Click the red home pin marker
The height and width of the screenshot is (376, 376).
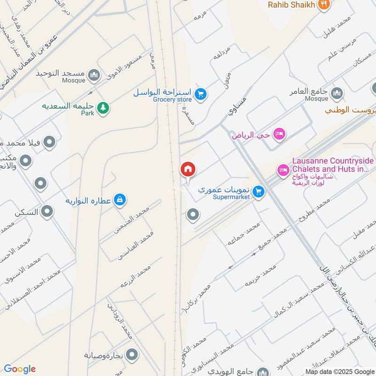(188, 170)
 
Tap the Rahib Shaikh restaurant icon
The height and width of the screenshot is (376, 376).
(323, 5)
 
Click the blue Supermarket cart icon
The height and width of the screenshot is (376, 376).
(258, 191)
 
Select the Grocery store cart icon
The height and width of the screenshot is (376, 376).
(201, 94)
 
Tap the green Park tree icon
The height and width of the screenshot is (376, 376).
(103, 108)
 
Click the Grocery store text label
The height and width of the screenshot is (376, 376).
(172, 100)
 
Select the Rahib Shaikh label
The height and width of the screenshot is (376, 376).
(291, 5)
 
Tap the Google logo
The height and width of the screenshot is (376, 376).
(19, 369)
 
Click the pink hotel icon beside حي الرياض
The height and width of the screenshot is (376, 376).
(280, 135)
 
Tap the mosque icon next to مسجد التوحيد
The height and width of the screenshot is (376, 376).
(94, 74)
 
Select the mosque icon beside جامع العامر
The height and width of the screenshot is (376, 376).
(337, 93)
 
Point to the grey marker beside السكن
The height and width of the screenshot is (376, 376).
(47, 212)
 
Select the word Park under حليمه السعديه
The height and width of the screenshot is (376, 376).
(88, 113)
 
